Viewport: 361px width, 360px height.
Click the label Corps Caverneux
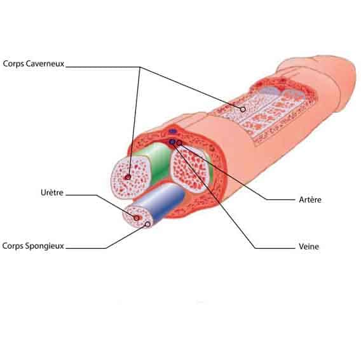click(34, 63)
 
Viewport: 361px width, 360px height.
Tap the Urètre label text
click(52, 192)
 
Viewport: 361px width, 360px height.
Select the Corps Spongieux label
click(33, 246)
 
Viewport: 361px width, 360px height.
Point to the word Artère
click(310, 199)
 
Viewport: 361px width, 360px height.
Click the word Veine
click(309, 246)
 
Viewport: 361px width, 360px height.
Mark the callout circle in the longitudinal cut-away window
click(243, 109)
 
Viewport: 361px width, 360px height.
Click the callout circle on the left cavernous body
click(128, 177)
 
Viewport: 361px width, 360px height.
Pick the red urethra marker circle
click(137, 218)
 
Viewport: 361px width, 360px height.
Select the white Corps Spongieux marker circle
click(148, 224)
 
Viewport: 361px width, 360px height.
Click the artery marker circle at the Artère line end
click(179, 143)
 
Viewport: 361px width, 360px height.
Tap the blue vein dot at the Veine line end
click(172, 142)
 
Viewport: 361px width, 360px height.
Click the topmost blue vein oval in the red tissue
click(172, 132)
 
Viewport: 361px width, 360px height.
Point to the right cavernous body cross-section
click(189, 170)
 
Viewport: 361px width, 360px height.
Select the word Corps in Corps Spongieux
click(13, 246)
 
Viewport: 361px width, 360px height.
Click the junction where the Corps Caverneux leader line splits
click(140, 67)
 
